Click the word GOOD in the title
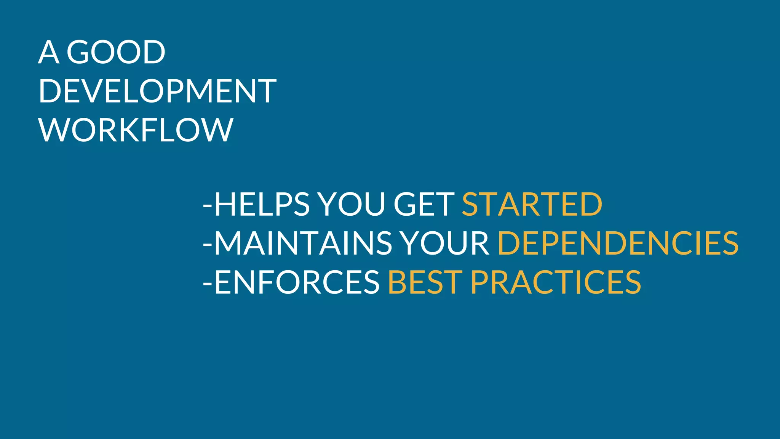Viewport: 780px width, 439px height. pos(116,52)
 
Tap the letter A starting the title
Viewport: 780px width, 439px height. pos(49,52)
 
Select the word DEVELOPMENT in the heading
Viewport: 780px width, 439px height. pos(157,91)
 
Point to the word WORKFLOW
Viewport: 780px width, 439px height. pos(136,130)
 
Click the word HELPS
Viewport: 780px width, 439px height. pos(262,205)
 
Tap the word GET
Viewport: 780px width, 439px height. pos(424,205)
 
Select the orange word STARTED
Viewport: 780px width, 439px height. pos(532,205)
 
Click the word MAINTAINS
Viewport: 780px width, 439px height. pos(303,244)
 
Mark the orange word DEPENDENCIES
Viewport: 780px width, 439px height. pos(618,244)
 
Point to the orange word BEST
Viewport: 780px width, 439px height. pos(425,282)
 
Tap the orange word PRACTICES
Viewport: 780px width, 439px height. pos(556,282)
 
